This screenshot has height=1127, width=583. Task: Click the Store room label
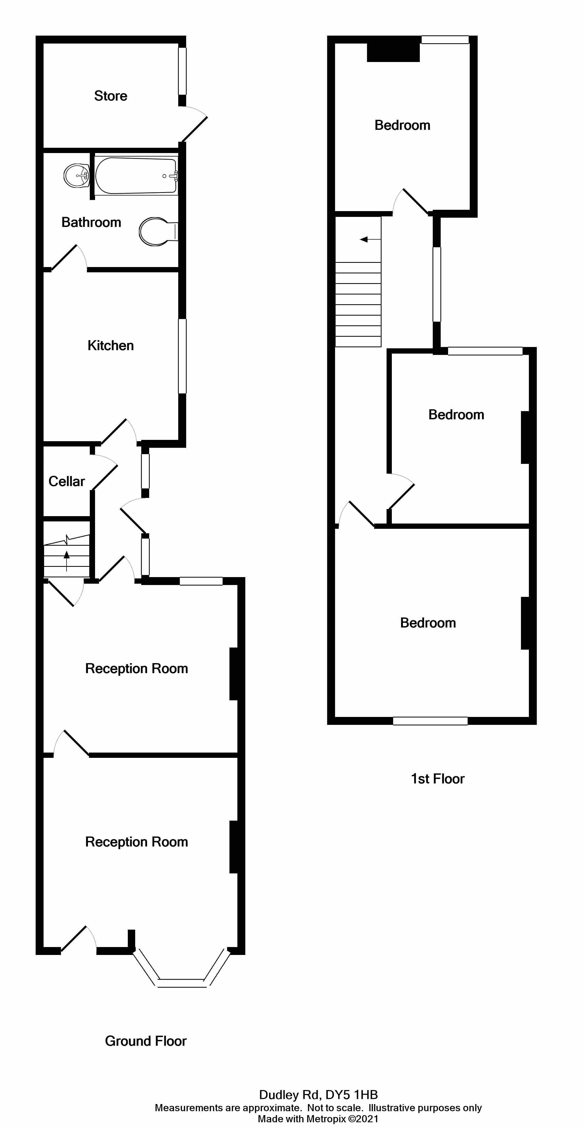(x=111, y=96)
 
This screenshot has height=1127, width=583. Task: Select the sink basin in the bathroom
(x=76, y=175)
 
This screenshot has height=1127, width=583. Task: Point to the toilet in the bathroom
(x=155, y=231)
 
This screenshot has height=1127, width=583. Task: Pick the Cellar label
(x=67, y=481)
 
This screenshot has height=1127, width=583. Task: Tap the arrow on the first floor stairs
(x=364, y=239)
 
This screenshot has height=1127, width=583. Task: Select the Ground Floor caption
(x=146, y=1041)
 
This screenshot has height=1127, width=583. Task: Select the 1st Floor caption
(x=438, y=779)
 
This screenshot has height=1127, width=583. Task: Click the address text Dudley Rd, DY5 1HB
(x=318, y=1095)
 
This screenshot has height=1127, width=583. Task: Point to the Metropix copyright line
(x=318, y=1119)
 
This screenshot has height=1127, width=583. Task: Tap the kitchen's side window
(x=182, y=356)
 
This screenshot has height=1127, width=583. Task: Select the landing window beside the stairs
(x=437, y=284)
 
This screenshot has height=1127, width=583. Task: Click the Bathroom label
(x=91, y=222)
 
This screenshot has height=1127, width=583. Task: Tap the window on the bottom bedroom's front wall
(x=430, y=721)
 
